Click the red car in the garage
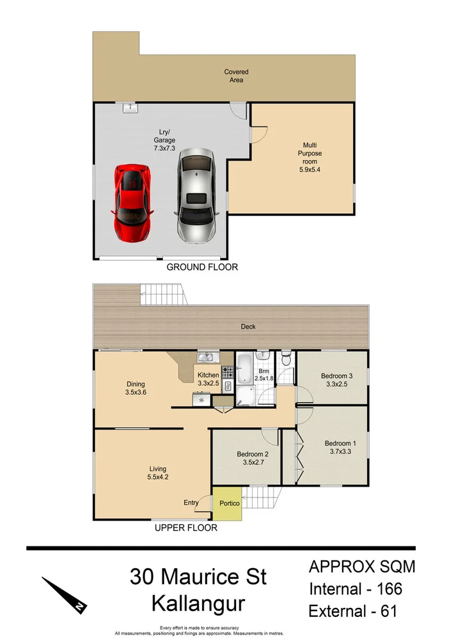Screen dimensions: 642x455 (132, 202)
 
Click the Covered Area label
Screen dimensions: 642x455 (236, 76)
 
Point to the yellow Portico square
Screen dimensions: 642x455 (229, 503)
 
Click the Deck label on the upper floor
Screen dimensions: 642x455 (248, 327)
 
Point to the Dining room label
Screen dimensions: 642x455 (135, 384)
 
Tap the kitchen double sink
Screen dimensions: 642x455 (208, 358)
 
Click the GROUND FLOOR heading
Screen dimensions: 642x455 (202, 267)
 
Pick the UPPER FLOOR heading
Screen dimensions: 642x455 (185, 528)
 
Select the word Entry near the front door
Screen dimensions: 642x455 (191, 503)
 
